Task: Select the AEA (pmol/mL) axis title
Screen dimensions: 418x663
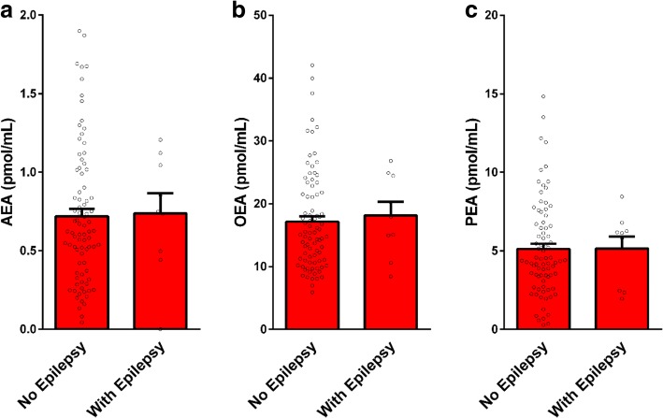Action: click(x=12, y=171)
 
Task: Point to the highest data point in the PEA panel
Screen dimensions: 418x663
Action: click(x=542, y=96)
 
